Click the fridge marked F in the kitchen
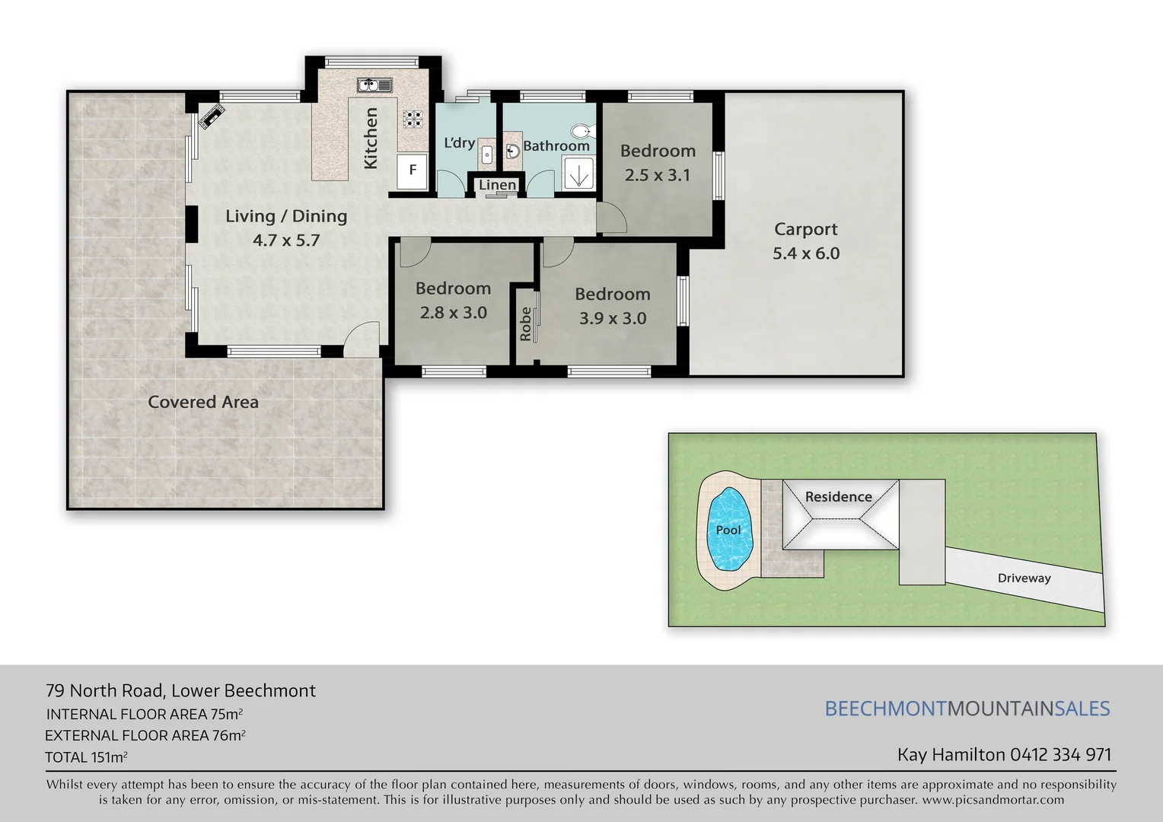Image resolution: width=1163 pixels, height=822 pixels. [x=413, y=170]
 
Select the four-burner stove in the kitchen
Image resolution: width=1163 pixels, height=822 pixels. [x=413, y=118]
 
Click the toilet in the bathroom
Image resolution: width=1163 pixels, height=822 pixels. [x=582, y=131]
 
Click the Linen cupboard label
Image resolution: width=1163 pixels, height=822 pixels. [x=497, y=185]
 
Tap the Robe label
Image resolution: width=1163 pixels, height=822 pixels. [x=525, y=323]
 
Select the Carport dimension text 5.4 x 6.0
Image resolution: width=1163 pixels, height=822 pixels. [x=806, y=253]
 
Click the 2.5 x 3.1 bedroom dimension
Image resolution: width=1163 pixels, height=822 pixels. [x=658, y=175]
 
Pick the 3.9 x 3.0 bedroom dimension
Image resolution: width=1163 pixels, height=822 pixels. [x=613, y=318]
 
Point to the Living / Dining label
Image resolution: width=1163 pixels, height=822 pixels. [x=286, y=216]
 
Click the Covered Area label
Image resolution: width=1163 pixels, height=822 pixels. [x=203, y=402]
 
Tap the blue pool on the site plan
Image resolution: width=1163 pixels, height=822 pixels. [x=729, y=530]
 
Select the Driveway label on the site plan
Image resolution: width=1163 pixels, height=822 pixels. [x=1024, y=578]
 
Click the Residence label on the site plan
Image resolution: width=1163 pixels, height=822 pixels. [x=838, y=497]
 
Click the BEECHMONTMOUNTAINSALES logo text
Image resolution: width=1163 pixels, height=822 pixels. [x=967, y=709]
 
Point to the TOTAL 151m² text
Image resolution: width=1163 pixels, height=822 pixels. [x=86, y=757]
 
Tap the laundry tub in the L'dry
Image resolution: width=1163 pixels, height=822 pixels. [x=487, y=155]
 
